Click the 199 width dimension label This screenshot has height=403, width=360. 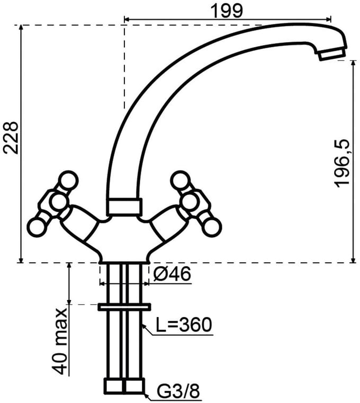click(x=227, y=11)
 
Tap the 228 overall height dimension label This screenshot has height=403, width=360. click(x=11, y=138)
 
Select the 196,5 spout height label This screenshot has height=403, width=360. click(x=342, y=164)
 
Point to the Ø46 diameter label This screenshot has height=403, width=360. click(x=172, y=274)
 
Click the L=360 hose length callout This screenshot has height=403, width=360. click(x=184, y=325)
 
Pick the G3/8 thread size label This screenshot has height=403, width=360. click(x=178, y=392)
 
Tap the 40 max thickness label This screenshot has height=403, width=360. click(x=60, y=341)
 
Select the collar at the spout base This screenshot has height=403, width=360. click(x=124, y=206)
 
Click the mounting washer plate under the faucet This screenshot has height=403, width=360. click(x=124, y=307)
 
